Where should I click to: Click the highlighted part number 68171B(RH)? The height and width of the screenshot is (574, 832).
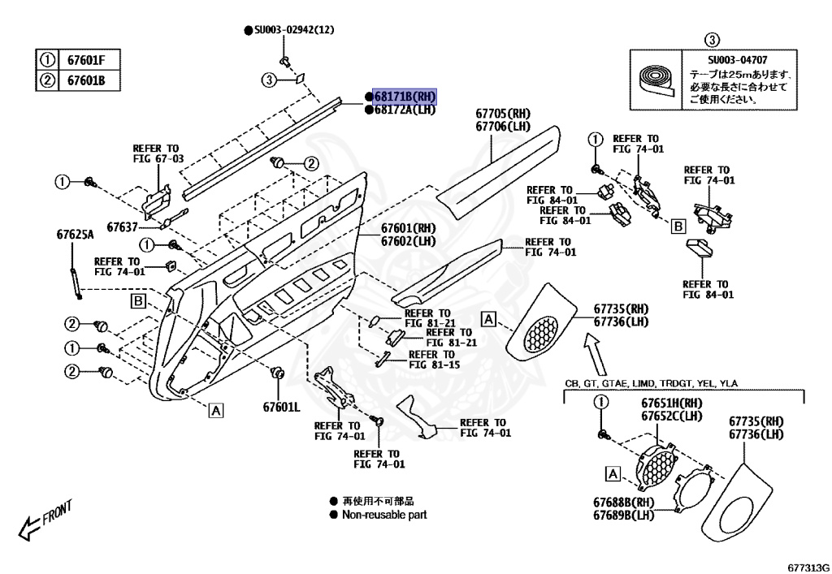coord(405,96)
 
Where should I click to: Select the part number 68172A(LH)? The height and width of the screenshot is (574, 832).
coord(405,110)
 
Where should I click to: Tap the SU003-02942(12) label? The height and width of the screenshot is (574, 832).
coord(294,30)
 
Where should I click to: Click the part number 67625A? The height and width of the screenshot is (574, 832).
coord(75,235)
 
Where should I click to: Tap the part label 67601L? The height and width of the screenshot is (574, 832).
coord(280,407)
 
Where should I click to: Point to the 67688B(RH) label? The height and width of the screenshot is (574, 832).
coord(624,503)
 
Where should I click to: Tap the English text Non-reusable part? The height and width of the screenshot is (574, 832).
coord(383,515)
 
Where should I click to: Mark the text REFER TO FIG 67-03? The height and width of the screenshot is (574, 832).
coord(158,153)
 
